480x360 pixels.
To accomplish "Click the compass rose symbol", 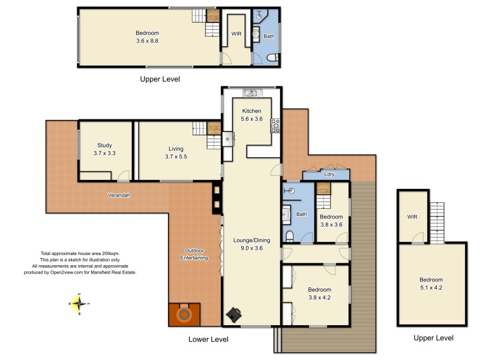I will (79, 304).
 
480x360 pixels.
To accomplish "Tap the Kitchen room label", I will (252, 115).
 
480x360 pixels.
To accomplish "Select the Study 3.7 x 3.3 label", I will (105, 149).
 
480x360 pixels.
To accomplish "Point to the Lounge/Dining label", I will (251, 244).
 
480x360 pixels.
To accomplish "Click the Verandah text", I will (119, 195).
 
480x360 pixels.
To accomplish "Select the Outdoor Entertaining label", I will (194, 254).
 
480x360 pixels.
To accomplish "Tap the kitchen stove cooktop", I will (276, 125).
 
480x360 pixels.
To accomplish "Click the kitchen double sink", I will (250, 93).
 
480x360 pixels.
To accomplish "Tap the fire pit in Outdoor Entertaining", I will (185, 314).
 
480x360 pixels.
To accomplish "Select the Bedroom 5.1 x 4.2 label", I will (431, 284).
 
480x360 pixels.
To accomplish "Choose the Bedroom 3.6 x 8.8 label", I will (147, 37).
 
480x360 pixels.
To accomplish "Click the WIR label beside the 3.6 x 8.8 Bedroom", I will (237, 34).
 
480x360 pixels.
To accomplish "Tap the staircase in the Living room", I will (207, 134).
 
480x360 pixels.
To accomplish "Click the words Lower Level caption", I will (208, 340).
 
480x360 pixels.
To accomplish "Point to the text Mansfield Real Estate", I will (115, 272).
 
